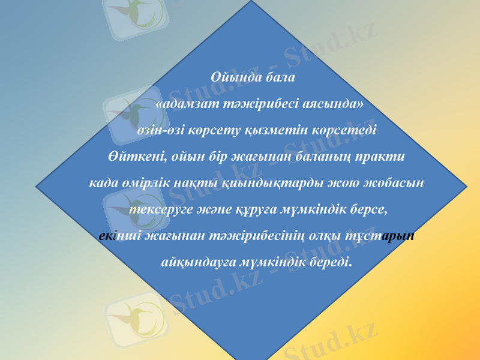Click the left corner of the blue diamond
coord(37,185)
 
